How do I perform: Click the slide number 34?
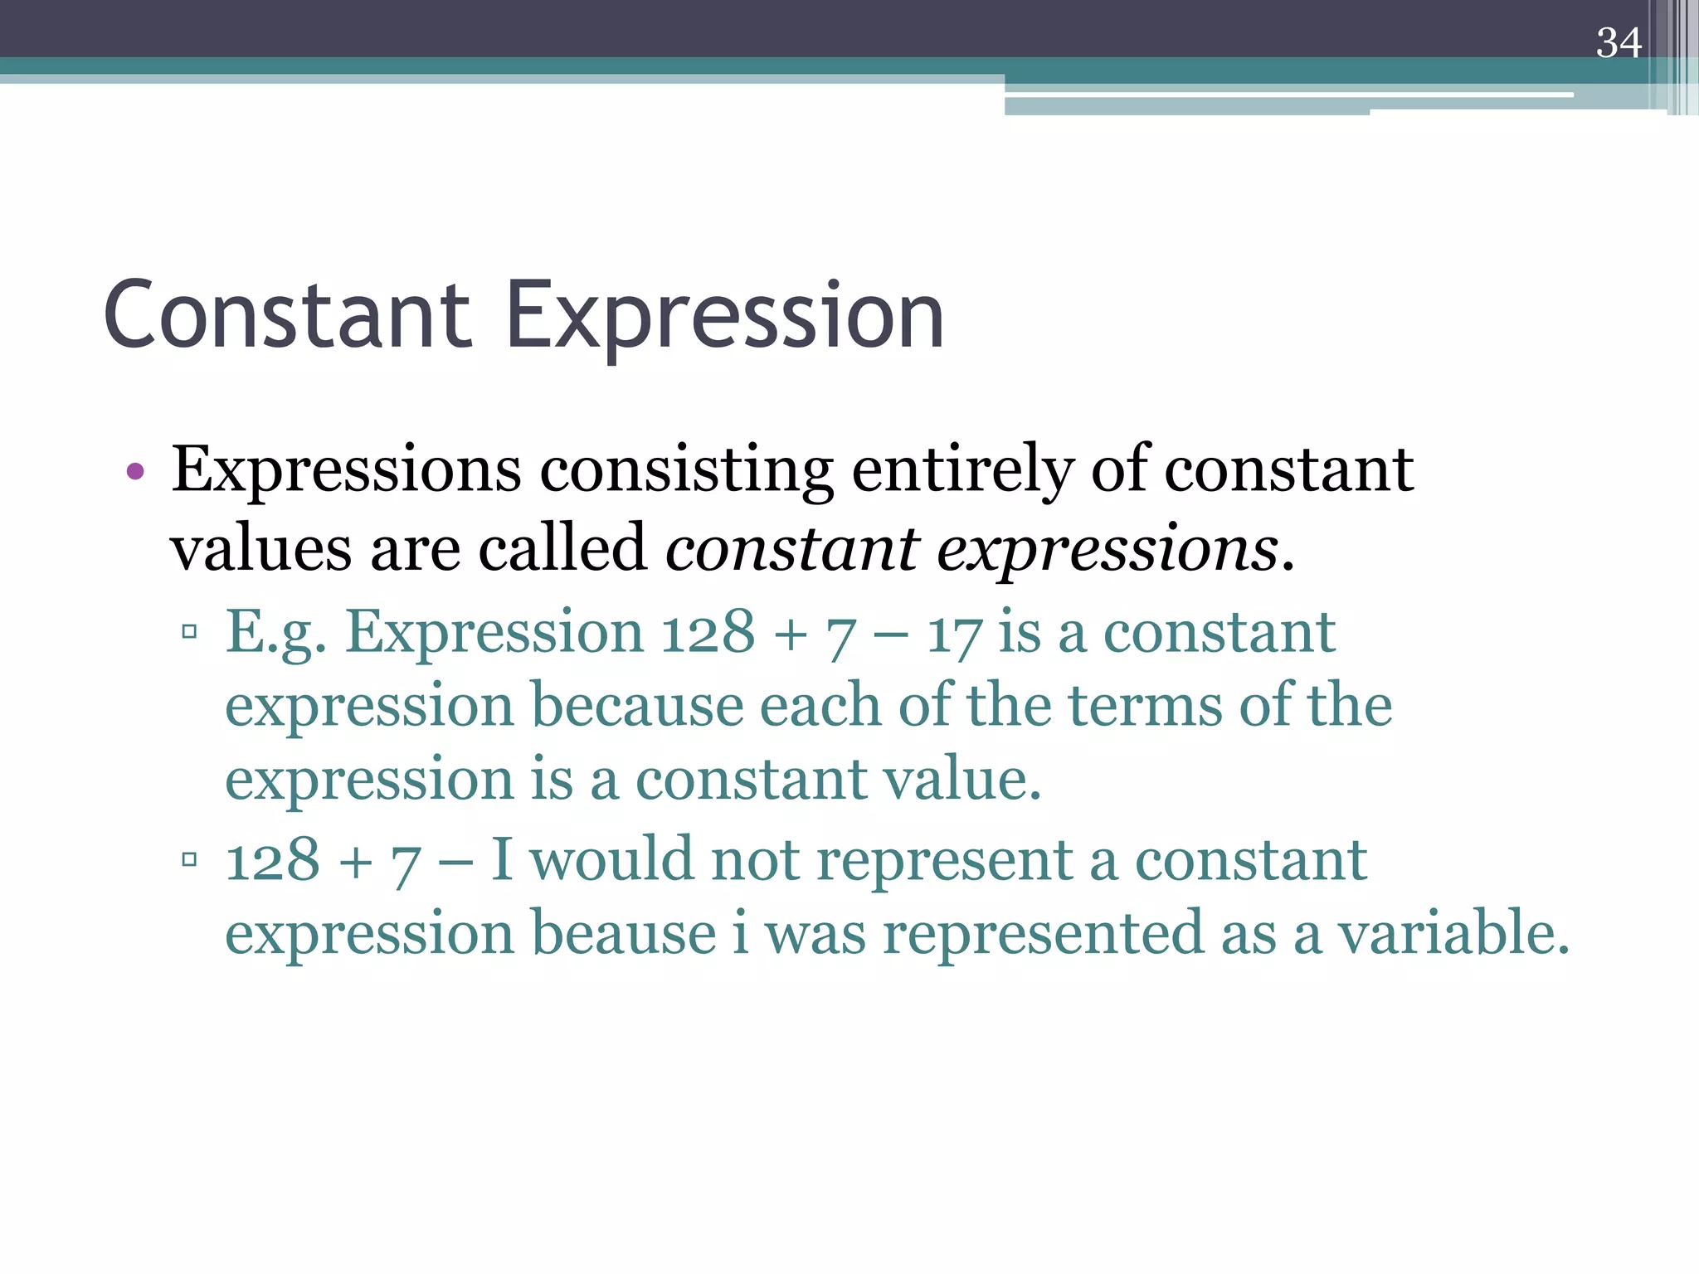pyautogui.click(x=1618, y=43)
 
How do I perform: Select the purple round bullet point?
pyautogui.click(x=135, y=473)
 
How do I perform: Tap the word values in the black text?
pyautogui.click(x=260, y=548)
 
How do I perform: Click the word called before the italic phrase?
pyautogui.click(x=562, y=548)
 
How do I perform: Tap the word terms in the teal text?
pyautogui.click(x=1144, y=706)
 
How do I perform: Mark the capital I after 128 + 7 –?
pyautogui.click(x=503, y=859)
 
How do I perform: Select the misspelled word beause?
pyautogui.click(x=623, y=933)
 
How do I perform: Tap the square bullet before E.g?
pyautogui.click(x=189, y=632)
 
